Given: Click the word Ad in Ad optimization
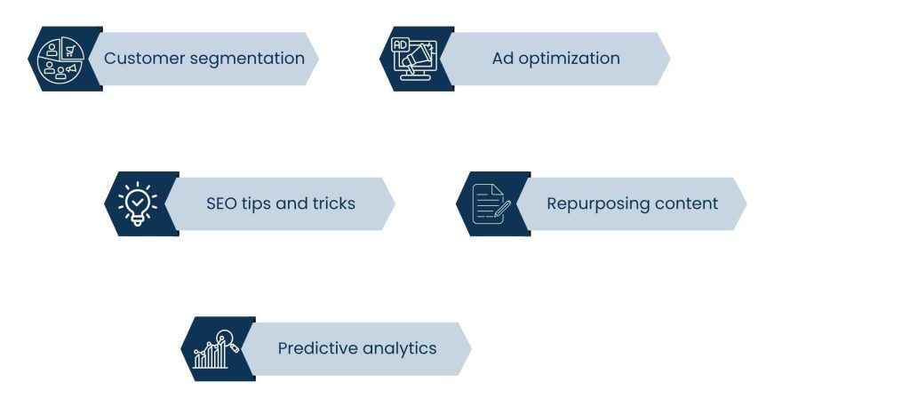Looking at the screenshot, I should [x=503, y=59].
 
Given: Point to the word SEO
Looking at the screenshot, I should [x=222, y=203].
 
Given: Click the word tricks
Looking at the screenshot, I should [x=332, y=203].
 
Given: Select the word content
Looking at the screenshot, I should [x=686, y=203].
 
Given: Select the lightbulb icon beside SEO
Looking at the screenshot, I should [x=137, y=203].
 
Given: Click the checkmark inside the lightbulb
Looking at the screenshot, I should [x=137, y=201].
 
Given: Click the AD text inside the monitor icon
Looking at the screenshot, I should [x=400, y=44].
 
